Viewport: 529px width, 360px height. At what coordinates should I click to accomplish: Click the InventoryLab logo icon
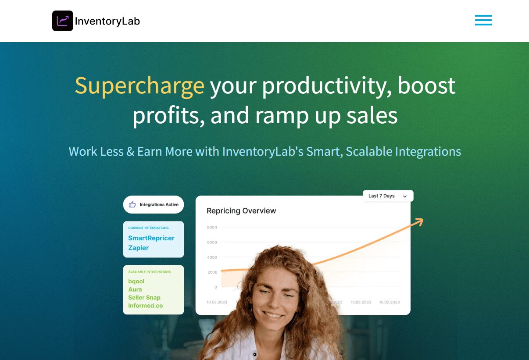point(63,21)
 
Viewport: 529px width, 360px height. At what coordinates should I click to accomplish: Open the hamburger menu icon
point(483,20)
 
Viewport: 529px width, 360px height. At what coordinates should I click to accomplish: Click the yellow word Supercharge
point(139,86)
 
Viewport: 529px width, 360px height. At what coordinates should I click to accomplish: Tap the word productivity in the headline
point(327,86)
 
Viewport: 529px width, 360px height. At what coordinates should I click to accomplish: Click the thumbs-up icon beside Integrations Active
point(132,204)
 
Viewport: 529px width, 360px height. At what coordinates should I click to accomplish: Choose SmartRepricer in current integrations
point(151,238)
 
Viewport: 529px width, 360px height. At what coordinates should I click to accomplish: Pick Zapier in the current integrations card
point(138,248)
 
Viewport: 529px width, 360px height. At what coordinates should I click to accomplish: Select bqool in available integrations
point(136,282)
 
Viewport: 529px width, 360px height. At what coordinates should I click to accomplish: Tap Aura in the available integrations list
point(135,289)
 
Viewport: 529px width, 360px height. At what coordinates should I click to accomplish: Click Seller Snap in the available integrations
point(144,297)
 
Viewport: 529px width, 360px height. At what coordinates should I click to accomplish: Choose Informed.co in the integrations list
point(145,306)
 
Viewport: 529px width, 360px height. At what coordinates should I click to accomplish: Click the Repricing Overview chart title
point(241,210)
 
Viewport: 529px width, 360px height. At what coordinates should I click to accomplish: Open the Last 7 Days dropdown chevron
point(405,196)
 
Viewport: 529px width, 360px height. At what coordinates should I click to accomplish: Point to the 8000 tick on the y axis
point(212,227)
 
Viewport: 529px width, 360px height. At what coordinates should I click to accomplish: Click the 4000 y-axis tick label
point(212,257)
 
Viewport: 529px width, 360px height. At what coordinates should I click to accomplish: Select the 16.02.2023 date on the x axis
point(390,302)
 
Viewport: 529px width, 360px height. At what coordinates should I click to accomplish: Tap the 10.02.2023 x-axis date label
point(217,302)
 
